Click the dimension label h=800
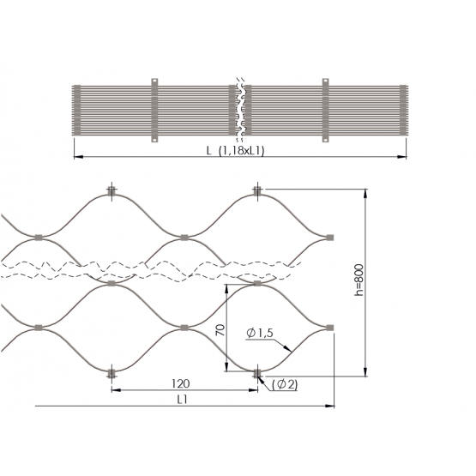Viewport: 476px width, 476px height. (x=359, y=280)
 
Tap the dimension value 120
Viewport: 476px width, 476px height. (x=181, y=383)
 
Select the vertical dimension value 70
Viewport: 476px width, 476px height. (x=220, y=330)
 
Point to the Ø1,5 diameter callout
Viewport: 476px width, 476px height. (x=260, y=333)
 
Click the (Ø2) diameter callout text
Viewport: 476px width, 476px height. (x=285, y=384)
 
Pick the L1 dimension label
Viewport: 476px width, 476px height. (x=183, y=400)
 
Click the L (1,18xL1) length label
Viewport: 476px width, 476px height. (x=236, y=151)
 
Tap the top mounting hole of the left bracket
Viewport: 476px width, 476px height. (x=154, y=82)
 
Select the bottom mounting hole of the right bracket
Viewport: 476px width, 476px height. (x=325, y=139)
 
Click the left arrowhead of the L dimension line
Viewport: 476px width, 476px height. (x=78, y=157)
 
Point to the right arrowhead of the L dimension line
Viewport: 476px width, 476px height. (x=401, y=157)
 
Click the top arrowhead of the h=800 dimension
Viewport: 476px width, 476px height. (x=365, y=194)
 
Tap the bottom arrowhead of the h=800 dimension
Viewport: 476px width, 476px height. (x=365, y=372)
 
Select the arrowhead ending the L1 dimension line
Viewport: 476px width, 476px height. (x=329, y=406)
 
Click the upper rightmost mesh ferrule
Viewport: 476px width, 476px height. (x=330, y=238)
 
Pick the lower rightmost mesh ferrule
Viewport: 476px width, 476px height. (x=330, y=328)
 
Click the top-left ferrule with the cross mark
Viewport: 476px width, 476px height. (x=111, y=191)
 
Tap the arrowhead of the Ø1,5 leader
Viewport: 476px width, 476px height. (x=287, y=348)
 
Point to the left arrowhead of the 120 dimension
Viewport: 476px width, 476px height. (x=117, y=390)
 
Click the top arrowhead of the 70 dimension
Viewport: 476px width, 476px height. (x=226, y=289)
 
